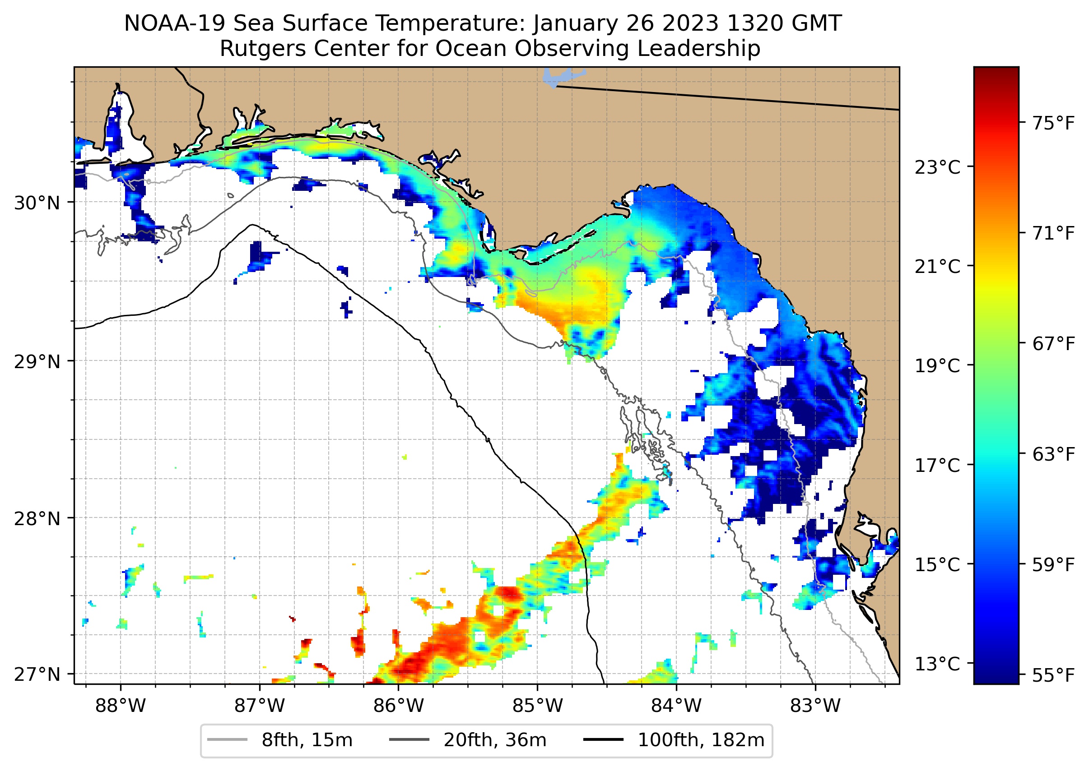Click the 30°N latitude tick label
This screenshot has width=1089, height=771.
coord(37,203)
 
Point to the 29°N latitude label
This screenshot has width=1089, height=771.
coord(37,362)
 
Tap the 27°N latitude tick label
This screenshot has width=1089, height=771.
coord(37,674)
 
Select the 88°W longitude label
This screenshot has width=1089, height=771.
coord(120,706)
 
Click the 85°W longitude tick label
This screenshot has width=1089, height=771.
coord(537,706)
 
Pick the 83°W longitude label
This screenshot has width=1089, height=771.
coord(815,706)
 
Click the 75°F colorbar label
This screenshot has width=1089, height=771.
coord(1053,124)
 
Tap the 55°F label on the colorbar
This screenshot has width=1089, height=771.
coord(1053,675)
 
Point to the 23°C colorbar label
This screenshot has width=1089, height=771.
coord(937,167)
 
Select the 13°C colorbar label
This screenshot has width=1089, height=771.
coord(937,664)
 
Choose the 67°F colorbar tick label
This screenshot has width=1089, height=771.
coord(1053,344)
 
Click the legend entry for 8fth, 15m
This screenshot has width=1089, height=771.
coord(280,740)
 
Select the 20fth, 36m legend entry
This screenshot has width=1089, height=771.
coord(468,740)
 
